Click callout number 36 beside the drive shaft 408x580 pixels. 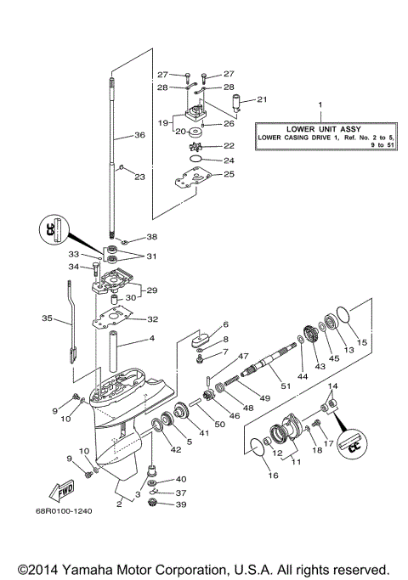pos(139,134)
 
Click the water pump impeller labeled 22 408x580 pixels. pos(195,145)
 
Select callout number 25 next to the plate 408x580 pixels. pos(228,174)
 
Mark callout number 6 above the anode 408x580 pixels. pos(225,325)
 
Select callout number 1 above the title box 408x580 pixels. pos(320,105)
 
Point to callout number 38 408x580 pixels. pos(151,237)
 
